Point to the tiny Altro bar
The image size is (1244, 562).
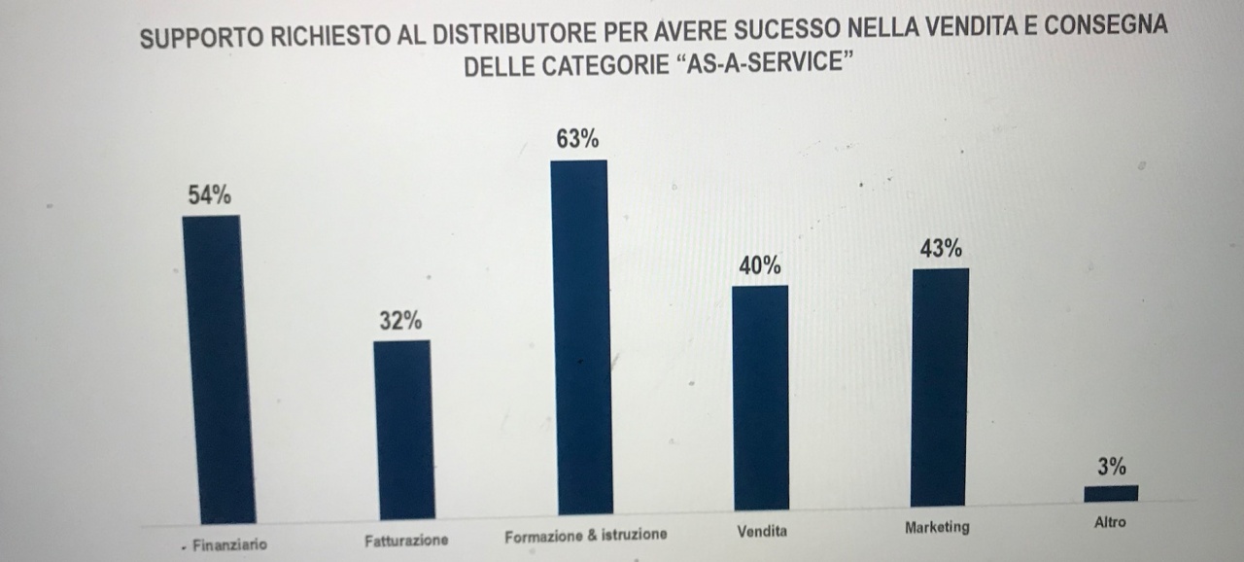click(1111, 493)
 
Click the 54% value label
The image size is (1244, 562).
click(210, 195)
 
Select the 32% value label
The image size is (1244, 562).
click(400, 321)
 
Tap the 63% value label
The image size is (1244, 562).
click(577, 139)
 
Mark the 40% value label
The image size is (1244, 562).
click(760, 265)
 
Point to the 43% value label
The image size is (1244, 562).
click(941, 249)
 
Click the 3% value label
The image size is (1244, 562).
click(1112, 467)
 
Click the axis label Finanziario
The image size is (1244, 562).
click(229, 545)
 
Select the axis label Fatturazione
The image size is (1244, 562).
click(407, 540)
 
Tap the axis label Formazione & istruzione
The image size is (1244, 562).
click(586, 536)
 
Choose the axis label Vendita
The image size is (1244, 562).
click(762, 532)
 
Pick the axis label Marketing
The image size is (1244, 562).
click(937, 528)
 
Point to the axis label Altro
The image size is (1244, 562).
click(1110, 522)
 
